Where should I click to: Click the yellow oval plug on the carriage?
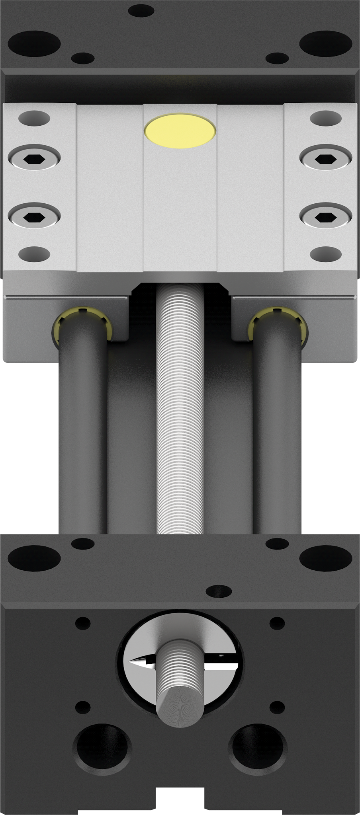pyautogui.click(x=180, y=131)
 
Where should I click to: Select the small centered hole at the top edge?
pyautogui.click(x=142, y=10)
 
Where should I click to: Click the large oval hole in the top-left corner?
pyautogui.click(x=34, y=43)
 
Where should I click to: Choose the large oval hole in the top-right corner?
pyautogui.click(x=326, y=43)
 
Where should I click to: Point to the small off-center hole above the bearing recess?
pyautogui.click(x=219, y=591)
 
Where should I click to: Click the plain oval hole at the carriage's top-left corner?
pyautogui.click(x=34, y=118)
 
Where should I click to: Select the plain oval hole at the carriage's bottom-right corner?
pyautogui.click(x=326, y=253)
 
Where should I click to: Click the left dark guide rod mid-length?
pyautogui.click(x=83, y=438)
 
